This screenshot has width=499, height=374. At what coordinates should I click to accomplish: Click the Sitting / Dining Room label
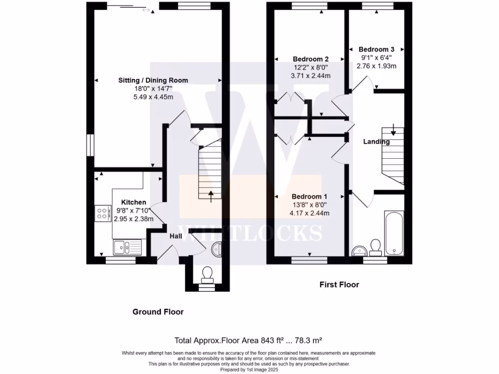153,80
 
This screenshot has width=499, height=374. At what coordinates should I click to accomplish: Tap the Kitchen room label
134,202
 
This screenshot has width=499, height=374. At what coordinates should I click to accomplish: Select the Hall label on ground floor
176,236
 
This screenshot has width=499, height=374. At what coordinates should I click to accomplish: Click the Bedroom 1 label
309,197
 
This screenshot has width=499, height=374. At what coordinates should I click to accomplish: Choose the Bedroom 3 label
376,49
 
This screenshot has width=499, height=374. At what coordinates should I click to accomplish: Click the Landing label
376,142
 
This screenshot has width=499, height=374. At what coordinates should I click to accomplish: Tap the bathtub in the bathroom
394,233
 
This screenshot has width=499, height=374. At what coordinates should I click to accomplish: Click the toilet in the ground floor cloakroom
207,275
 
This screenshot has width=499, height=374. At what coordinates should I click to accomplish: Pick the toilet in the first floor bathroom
376,247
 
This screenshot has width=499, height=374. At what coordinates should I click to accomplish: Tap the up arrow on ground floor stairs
211,196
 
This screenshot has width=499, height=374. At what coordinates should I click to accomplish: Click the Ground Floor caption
158,312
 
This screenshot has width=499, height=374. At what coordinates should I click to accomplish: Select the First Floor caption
339,284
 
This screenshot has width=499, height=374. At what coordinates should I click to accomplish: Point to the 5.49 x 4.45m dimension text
153,96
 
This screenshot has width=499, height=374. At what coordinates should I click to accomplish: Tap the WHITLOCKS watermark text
249,233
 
